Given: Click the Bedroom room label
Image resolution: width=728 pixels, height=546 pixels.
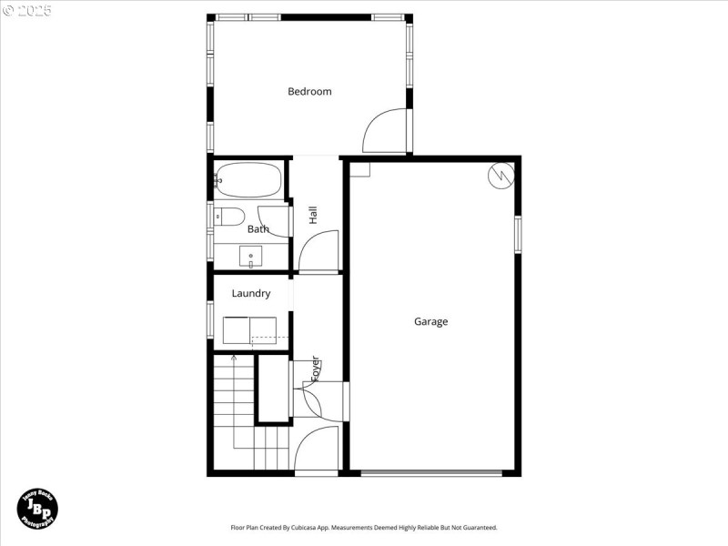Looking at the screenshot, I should point(309,91).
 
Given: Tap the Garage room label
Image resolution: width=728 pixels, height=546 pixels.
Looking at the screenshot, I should point(430,321).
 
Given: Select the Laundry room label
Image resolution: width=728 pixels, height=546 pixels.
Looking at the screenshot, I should point(251,294).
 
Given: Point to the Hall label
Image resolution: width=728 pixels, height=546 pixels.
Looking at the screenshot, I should point(313,215).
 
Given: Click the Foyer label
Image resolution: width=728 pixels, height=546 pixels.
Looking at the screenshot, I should point(316,367).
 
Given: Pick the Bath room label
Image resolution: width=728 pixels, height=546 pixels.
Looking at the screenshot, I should point(258,229).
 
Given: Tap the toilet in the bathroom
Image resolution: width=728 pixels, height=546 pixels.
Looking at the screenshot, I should point(229,217).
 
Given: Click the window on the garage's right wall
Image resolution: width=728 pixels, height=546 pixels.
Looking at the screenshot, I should point(517,232).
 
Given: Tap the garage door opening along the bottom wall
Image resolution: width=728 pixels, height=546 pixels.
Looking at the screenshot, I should point(430,472).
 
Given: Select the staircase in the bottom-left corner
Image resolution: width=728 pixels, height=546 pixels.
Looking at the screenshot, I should point(246,414).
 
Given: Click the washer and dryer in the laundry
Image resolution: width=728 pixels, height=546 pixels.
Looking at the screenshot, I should point(251,329).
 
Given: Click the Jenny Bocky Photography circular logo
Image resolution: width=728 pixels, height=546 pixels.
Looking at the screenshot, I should point(38,507).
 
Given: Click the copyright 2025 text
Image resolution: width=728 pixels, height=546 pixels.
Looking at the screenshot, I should point(27,11).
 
